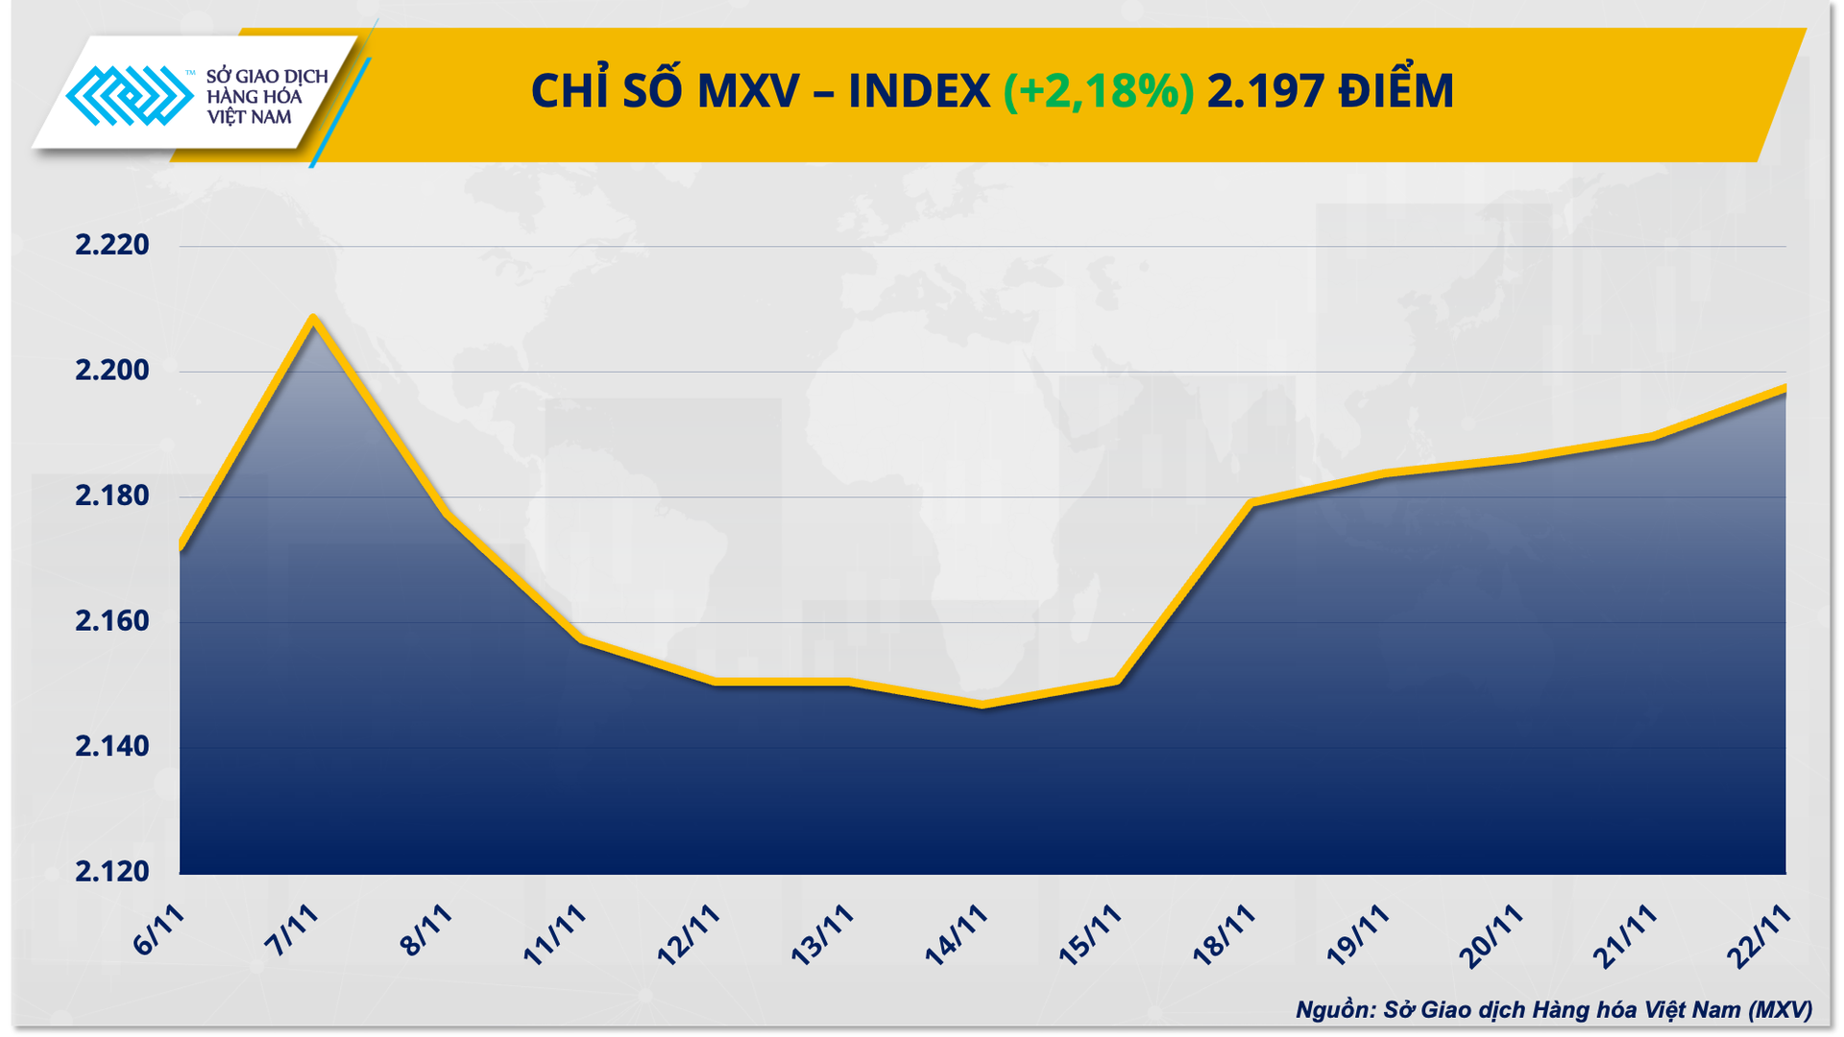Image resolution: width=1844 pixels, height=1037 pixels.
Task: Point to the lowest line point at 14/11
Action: point(982,706)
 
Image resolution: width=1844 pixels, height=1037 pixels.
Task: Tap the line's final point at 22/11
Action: point(1784,388)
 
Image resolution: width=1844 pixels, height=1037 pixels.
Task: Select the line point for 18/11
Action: point(1250,502)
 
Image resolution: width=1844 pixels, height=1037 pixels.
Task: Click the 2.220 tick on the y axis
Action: point(112,245)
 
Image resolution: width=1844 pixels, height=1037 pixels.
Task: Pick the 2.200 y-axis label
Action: point(112,371)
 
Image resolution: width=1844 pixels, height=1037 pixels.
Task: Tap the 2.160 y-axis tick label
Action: point(112,621)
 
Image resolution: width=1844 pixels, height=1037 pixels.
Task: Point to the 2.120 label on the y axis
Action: point(112,872)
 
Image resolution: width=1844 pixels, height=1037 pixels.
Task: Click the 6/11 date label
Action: point(159,930)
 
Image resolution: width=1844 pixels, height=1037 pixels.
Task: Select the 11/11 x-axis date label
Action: point(555,934)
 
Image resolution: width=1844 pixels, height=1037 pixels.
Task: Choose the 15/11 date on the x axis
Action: point(1090,934)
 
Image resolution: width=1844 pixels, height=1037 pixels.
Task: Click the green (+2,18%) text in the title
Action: point(1099,92)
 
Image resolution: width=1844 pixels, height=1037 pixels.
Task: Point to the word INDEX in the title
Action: point(919,92)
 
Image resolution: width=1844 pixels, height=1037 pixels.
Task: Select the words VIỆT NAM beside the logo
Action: point(249,117)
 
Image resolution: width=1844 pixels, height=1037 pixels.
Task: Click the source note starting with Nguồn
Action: point(1553,1009)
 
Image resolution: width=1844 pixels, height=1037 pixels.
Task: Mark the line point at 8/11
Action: point(448,514)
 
